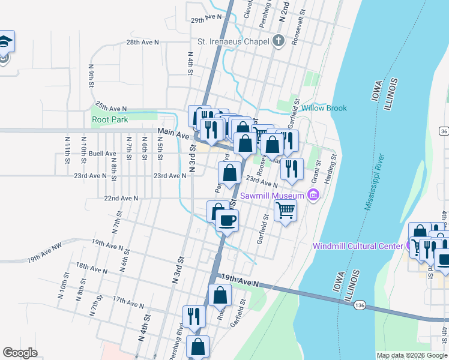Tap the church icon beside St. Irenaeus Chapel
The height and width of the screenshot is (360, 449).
point(277,41)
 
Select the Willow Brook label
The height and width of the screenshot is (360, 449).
point(324,108)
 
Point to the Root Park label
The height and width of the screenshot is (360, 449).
point(110,119)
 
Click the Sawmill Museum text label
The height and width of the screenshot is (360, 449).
point(273,196)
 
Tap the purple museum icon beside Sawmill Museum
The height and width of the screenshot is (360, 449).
point(312,195)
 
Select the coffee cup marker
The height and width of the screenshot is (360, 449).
point(226,220)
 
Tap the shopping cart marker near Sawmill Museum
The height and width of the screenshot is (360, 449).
point(285,210)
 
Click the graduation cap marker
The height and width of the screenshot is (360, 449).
point(5,41)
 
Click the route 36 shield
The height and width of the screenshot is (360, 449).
point(444,131)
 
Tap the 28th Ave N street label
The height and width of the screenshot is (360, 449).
point(142,42)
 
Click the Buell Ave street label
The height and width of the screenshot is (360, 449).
point(102,154)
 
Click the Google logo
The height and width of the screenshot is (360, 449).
point(20,353)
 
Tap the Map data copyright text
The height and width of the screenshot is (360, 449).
point(412,355)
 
